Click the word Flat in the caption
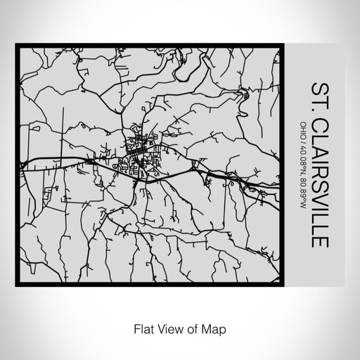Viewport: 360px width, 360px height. point(140,328)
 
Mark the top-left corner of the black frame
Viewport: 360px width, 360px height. point(17,46)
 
